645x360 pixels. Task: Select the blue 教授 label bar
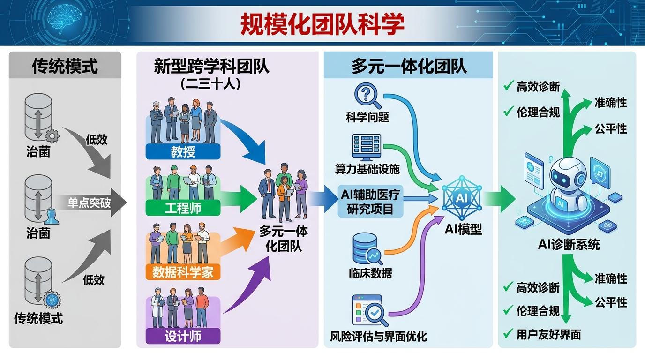click(183, 151)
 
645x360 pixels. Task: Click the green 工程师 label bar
click(183, 208)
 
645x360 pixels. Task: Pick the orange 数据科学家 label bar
click(183, 272)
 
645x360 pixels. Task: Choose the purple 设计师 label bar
click(183, 336)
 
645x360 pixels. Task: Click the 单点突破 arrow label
click(89, 203)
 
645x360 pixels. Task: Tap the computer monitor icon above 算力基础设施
click(367, 147)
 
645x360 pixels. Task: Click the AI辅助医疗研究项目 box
click(370, 201)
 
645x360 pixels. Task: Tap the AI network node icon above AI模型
click(462, 198)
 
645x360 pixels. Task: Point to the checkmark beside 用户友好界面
click(508, 333)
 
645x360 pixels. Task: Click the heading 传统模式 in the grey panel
click(65, 66)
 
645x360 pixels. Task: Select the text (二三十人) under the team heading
click(210, 84)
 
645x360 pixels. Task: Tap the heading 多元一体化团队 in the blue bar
click(409, 66)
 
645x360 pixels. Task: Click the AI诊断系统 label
click(569, 245)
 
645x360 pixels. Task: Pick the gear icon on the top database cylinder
click(52, 136)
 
